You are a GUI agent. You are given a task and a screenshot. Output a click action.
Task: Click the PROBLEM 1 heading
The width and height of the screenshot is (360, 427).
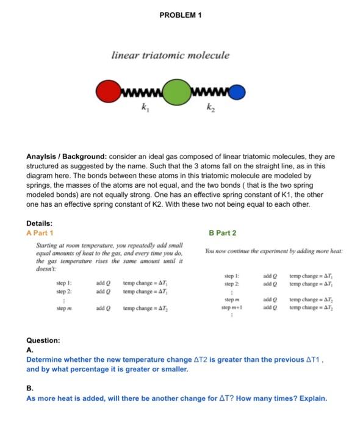[180, 15]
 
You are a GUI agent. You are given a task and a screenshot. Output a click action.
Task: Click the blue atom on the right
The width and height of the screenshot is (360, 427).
[239, 92]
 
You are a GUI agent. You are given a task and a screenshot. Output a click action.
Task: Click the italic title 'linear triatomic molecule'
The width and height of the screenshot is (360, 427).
[170, 55]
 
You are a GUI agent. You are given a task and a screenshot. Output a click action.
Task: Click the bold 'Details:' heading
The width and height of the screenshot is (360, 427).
[40, 224]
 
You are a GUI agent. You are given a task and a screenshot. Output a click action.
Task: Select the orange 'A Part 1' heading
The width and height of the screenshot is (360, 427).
[40, 233]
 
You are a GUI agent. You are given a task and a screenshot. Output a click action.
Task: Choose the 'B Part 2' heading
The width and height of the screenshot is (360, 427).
[222, 233]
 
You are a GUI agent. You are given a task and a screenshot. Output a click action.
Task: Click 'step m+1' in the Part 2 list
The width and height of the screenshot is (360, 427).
[234, 306]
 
